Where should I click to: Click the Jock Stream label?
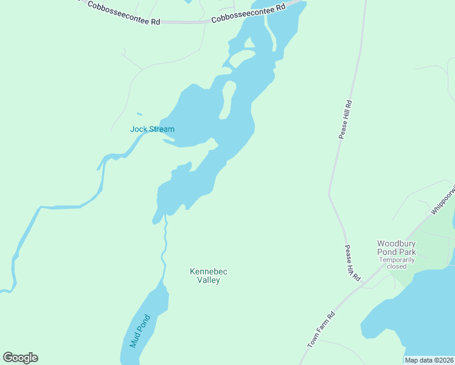coord(152,129)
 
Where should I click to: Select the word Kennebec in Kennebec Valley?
coord(204,271)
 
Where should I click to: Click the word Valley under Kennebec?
coord(204,280)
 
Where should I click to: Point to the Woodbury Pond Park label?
coord(396,248)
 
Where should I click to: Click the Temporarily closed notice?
coord(396,263)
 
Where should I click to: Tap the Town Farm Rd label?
coord(322,330)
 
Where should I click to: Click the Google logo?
coord(20,358)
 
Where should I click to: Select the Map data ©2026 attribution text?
coord(429,360)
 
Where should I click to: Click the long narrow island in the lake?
coord(227,100)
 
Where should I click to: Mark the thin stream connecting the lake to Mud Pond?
coord(164,249)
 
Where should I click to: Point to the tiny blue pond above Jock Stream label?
coord(139,114)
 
